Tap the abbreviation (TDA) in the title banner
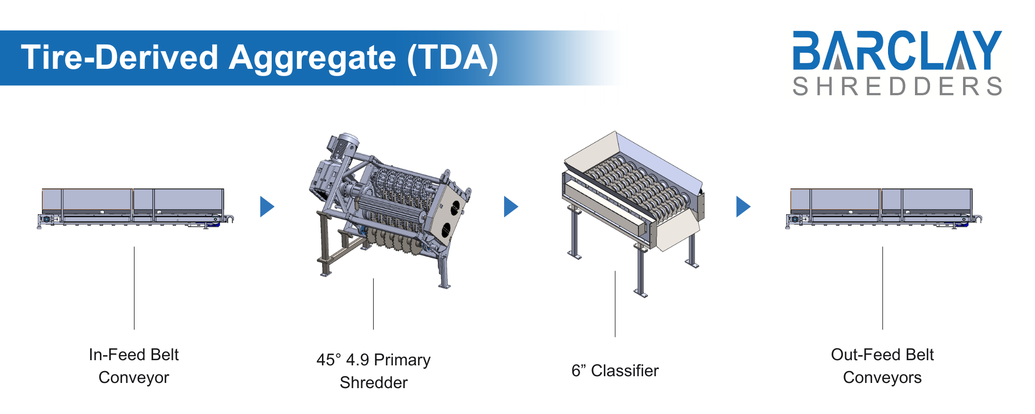453,57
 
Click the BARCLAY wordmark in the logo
897,50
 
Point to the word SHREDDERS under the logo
897,86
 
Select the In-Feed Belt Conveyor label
134,366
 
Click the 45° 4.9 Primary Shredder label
373,371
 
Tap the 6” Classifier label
615,371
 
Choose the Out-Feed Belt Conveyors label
882,366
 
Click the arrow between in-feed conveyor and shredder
267,206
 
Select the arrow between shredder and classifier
510,206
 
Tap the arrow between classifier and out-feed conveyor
743,206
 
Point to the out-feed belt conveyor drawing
882,207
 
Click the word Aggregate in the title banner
313,57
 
